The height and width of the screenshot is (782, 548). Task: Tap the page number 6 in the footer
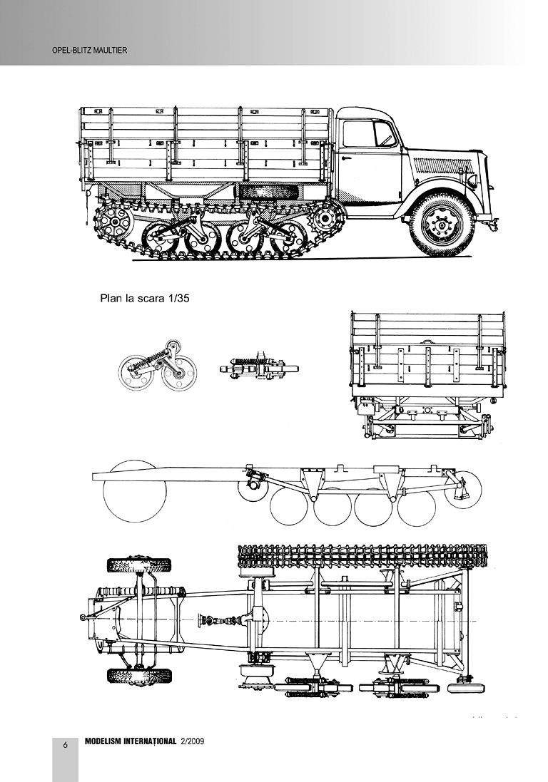(65, 745)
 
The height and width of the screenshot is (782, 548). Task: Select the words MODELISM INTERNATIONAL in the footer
(130, 741)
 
